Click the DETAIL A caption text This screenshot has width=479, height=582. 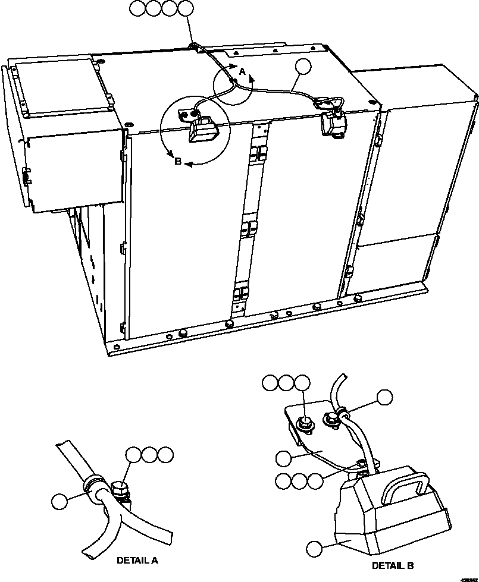[137, 560]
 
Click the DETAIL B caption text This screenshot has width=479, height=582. [393, 565]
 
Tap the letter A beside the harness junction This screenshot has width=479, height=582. [242, 71]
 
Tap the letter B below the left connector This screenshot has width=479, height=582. [177, 161]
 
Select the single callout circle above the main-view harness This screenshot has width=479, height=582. [304, 67]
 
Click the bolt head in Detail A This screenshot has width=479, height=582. [120, 492]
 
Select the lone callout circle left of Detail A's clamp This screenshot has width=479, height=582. [59, 501]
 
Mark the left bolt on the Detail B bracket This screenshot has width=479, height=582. [304, 424]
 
